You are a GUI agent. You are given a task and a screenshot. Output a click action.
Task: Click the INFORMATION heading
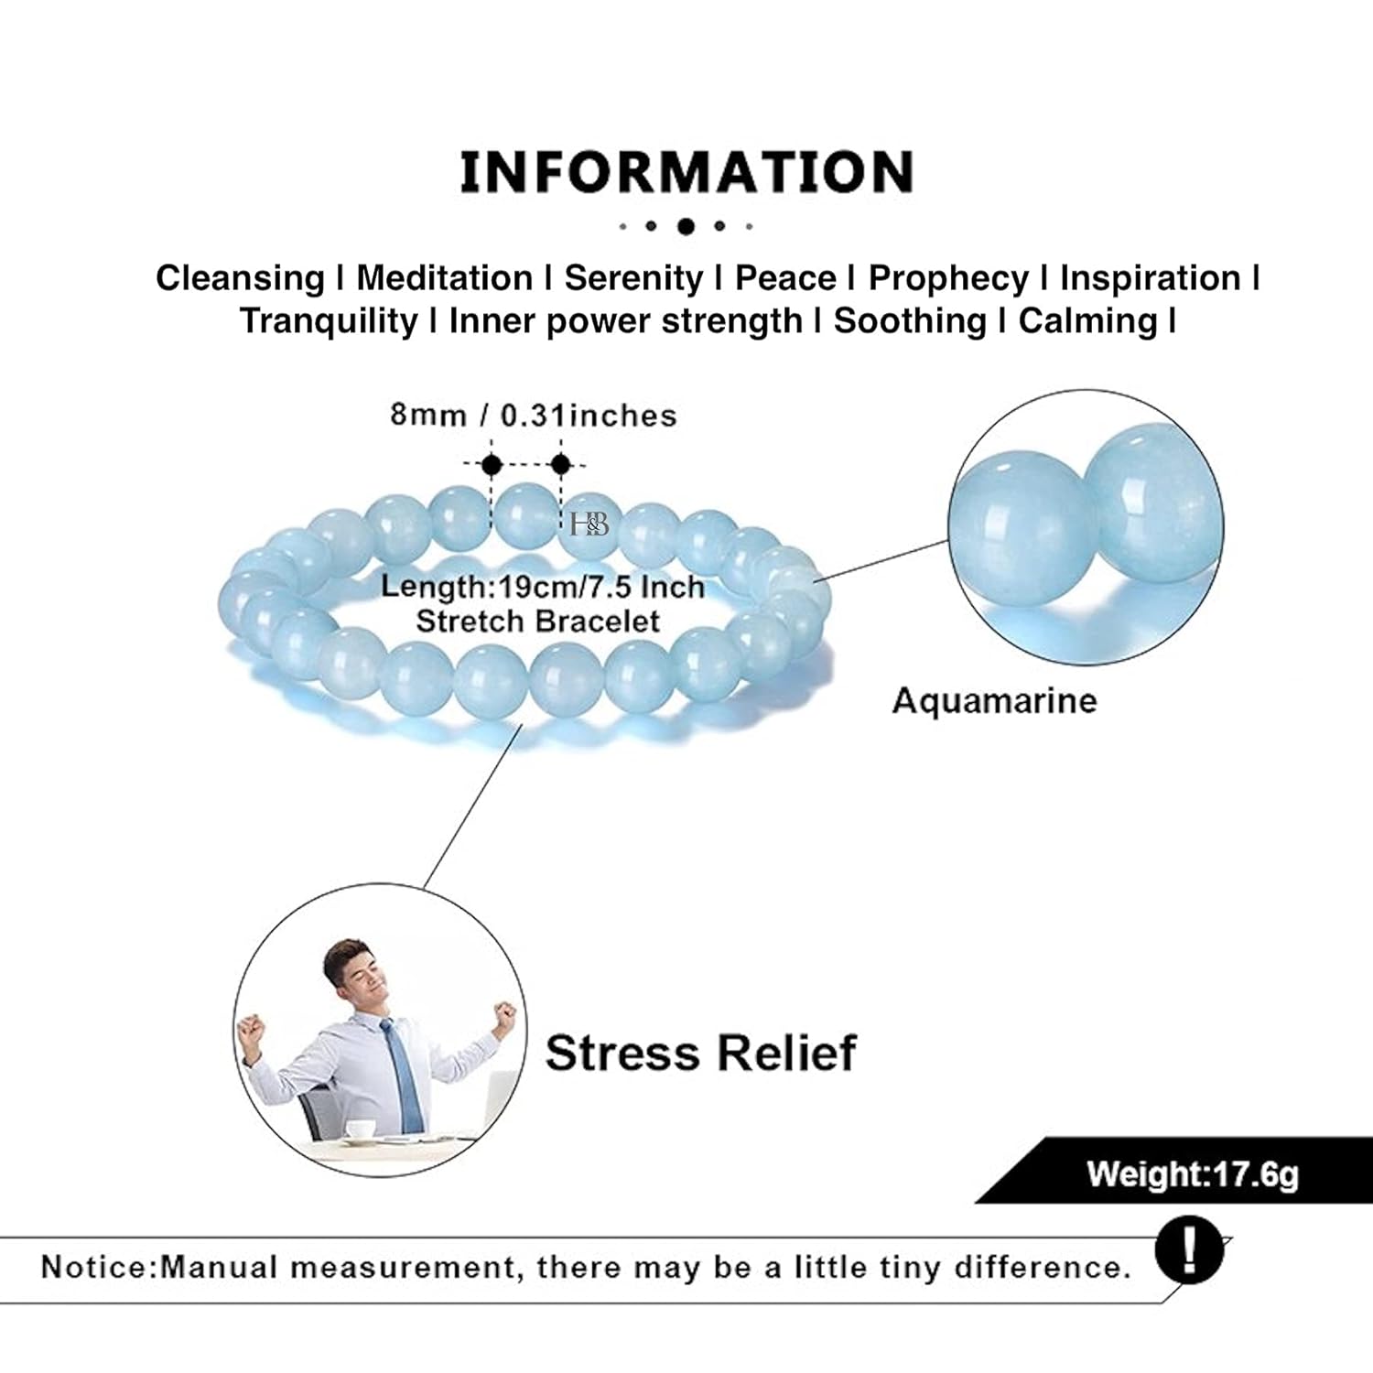[x=686, y=172]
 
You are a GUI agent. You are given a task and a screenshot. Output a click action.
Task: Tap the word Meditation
[x=445, y=278]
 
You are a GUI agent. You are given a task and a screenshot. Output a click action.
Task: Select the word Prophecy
[x=948, y=279]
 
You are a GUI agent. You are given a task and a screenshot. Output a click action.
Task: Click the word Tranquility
[x=329, y=321]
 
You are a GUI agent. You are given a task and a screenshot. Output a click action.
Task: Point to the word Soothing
[x=910, y=321]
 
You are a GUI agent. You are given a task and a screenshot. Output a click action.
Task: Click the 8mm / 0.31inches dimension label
[x=534, y=416]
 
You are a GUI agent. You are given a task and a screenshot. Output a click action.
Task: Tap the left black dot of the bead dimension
[x=492, y=464]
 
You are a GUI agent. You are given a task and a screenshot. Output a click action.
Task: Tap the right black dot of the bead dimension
[x=560, y=464]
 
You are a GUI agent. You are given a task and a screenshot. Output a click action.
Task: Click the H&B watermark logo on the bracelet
[x=589, y=524]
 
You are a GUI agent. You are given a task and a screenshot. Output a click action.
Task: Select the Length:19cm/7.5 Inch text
[x=543, y=587]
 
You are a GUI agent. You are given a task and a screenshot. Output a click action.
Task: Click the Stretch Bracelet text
[x=538, y=622]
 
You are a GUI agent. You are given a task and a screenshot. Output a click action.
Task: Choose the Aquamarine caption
[x=994, y=701]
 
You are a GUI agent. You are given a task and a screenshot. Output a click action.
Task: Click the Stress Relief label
[x=700, y=1053]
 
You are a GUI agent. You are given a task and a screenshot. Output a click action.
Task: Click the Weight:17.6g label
[x=1193, y=1173]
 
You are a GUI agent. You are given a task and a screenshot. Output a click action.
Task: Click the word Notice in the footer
[x=95, y=1268]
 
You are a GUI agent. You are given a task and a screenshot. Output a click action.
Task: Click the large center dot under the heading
[x=686, y=226]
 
